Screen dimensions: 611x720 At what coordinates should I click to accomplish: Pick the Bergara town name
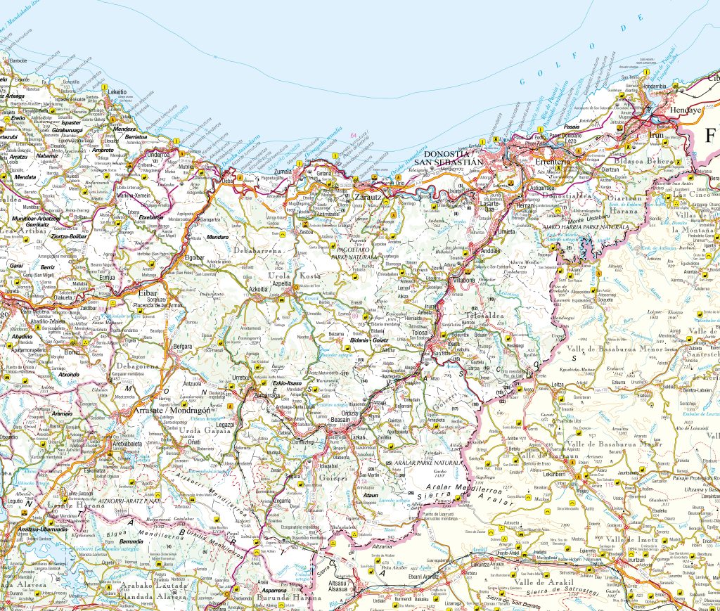click(x=183, y=347)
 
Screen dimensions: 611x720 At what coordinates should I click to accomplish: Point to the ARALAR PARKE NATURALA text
click(x=426, y=463)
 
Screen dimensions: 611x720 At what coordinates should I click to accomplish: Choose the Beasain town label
click(x=341, y=418)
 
